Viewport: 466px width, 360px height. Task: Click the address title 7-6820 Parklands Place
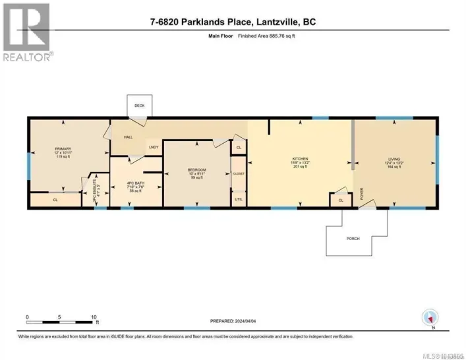point(233,22)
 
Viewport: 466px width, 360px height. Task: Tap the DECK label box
point(140,105)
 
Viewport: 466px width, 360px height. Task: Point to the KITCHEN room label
point(301,159)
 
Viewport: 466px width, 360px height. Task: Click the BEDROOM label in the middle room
point(196,171)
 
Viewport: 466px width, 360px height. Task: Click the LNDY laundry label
point(154,147)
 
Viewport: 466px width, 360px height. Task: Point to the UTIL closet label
point(238,198)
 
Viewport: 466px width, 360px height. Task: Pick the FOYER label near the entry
point(361,195)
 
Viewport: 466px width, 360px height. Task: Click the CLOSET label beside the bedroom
point(238,173)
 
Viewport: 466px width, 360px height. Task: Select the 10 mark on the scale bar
point(94,316)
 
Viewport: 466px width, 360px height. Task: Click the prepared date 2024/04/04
point(233,321)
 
